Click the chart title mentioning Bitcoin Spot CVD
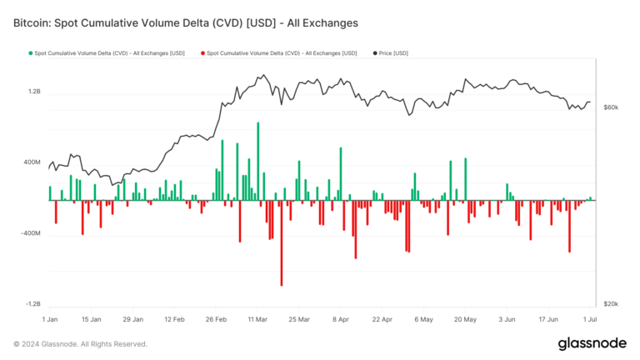click(x=185, y=23)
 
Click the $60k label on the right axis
click(x=611, y=107)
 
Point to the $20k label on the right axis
click(x=611, y=304)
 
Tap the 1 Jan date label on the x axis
click(x=49, y=319)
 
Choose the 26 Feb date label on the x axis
click(x=217, y=319)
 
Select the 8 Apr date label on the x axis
click(x=340, y=319)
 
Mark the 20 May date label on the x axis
click(x=465, y=319)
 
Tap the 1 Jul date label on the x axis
click(x=589, y=319)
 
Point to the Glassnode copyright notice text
click(x=80, y=344)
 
